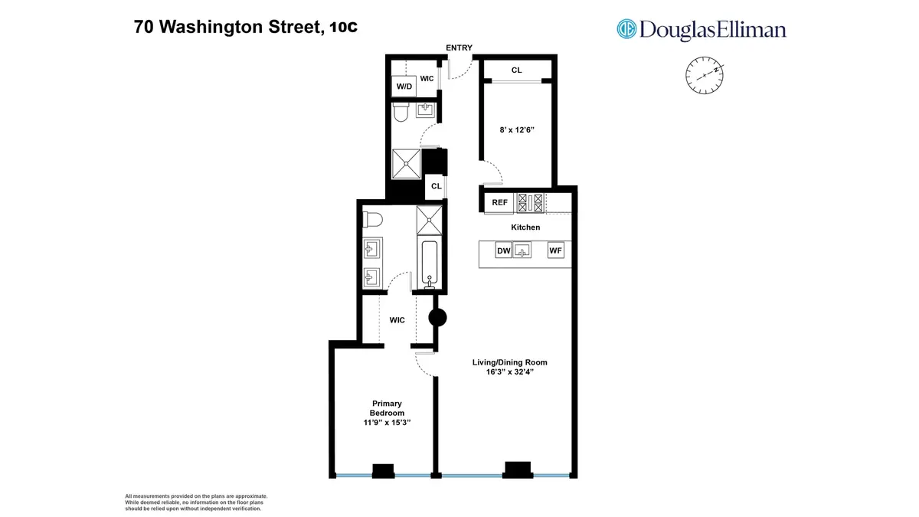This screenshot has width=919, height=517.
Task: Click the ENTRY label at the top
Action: [x=459, y=48]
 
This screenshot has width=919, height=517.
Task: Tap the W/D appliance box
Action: [x=404, y=87]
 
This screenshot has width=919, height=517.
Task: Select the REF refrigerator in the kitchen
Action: [x=500, y=203]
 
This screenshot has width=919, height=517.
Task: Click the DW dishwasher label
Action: [x=503, y=250]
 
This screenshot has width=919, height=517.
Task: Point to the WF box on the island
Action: [x=555, y=250]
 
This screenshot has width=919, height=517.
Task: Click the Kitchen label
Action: [x=525, y=227]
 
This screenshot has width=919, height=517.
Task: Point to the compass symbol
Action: [x=704, y=75]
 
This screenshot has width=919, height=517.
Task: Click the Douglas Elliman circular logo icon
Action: [x=627, y=29]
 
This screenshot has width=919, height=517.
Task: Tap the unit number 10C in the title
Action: [x=344, y=28]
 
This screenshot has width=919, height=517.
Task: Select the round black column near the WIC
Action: [x=437, y=318]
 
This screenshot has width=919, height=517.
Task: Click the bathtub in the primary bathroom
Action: [x=427, y=263]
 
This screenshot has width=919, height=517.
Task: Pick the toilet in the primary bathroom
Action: [x=372, y=220]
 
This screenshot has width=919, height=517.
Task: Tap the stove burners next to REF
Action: [x=531, y=203]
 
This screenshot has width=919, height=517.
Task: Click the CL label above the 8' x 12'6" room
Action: [x=516, y=70]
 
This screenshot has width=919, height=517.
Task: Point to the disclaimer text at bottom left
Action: [x=196, y=502]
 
